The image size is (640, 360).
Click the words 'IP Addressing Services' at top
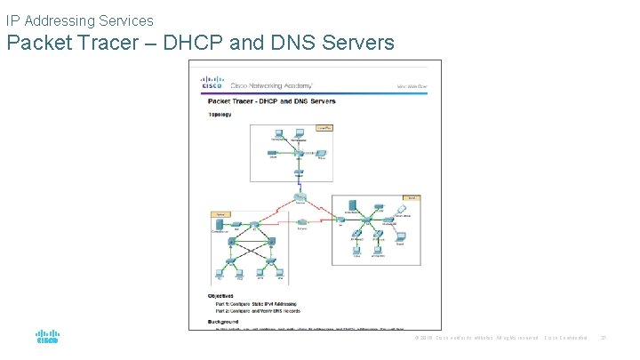pos(80,20)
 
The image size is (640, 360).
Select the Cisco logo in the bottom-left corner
pos(47,337)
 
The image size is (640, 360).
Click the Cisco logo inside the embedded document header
pos(212,84)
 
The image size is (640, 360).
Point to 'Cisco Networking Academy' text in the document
pos(271,85)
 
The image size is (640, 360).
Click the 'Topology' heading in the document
pos(220,115)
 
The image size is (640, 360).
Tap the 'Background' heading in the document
pos(224,320)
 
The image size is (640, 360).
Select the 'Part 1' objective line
pos(258,303)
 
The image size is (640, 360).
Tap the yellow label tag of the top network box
pos(325,128)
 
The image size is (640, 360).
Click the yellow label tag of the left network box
pos(220,214)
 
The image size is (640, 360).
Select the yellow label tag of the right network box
pos(413,197)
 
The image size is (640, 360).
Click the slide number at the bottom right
pos(603,338)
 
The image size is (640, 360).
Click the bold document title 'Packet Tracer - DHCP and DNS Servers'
pos(272,102)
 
